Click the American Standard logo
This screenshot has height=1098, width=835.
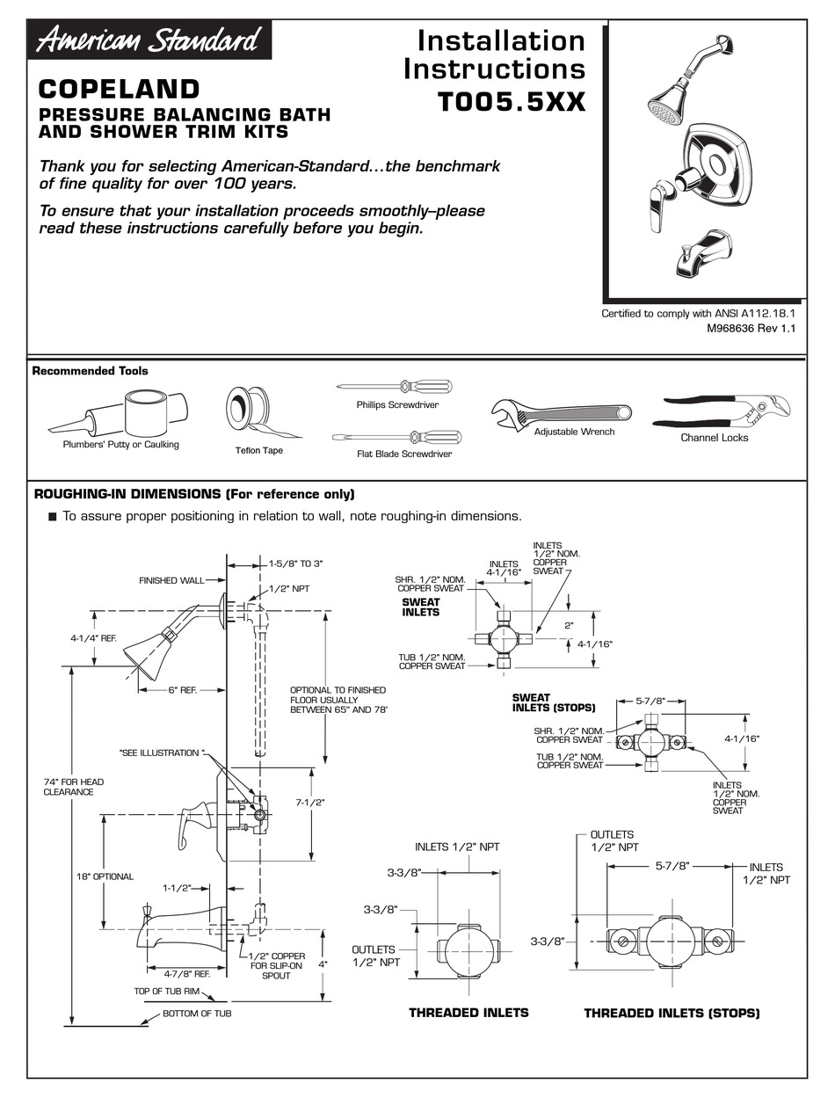[148, 40]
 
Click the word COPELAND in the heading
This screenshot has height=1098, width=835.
[120, 90]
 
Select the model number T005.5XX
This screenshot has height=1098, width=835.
[512, 102]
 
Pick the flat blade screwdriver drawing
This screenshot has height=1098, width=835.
[396, 436]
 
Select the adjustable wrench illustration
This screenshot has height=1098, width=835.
[560, 413]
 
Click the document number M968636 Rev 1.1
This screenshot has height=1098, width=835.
[751, 328]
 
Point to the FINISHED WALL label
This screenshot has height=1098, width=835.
[171, 580]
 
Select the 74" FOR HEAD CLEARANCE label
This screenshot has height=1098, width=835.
[68, 786]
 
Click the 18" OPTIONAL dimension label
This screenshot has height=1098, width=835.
[104, 876]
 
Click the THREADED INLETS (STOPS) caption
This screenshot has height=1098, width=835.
[672, 1013]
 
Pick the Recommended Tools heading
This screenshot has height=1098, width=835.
[90, 371]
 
